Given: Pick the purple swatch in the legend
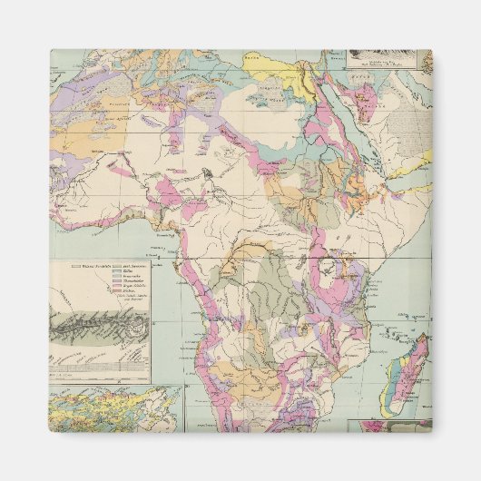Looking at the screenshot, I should click(116, 281).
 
